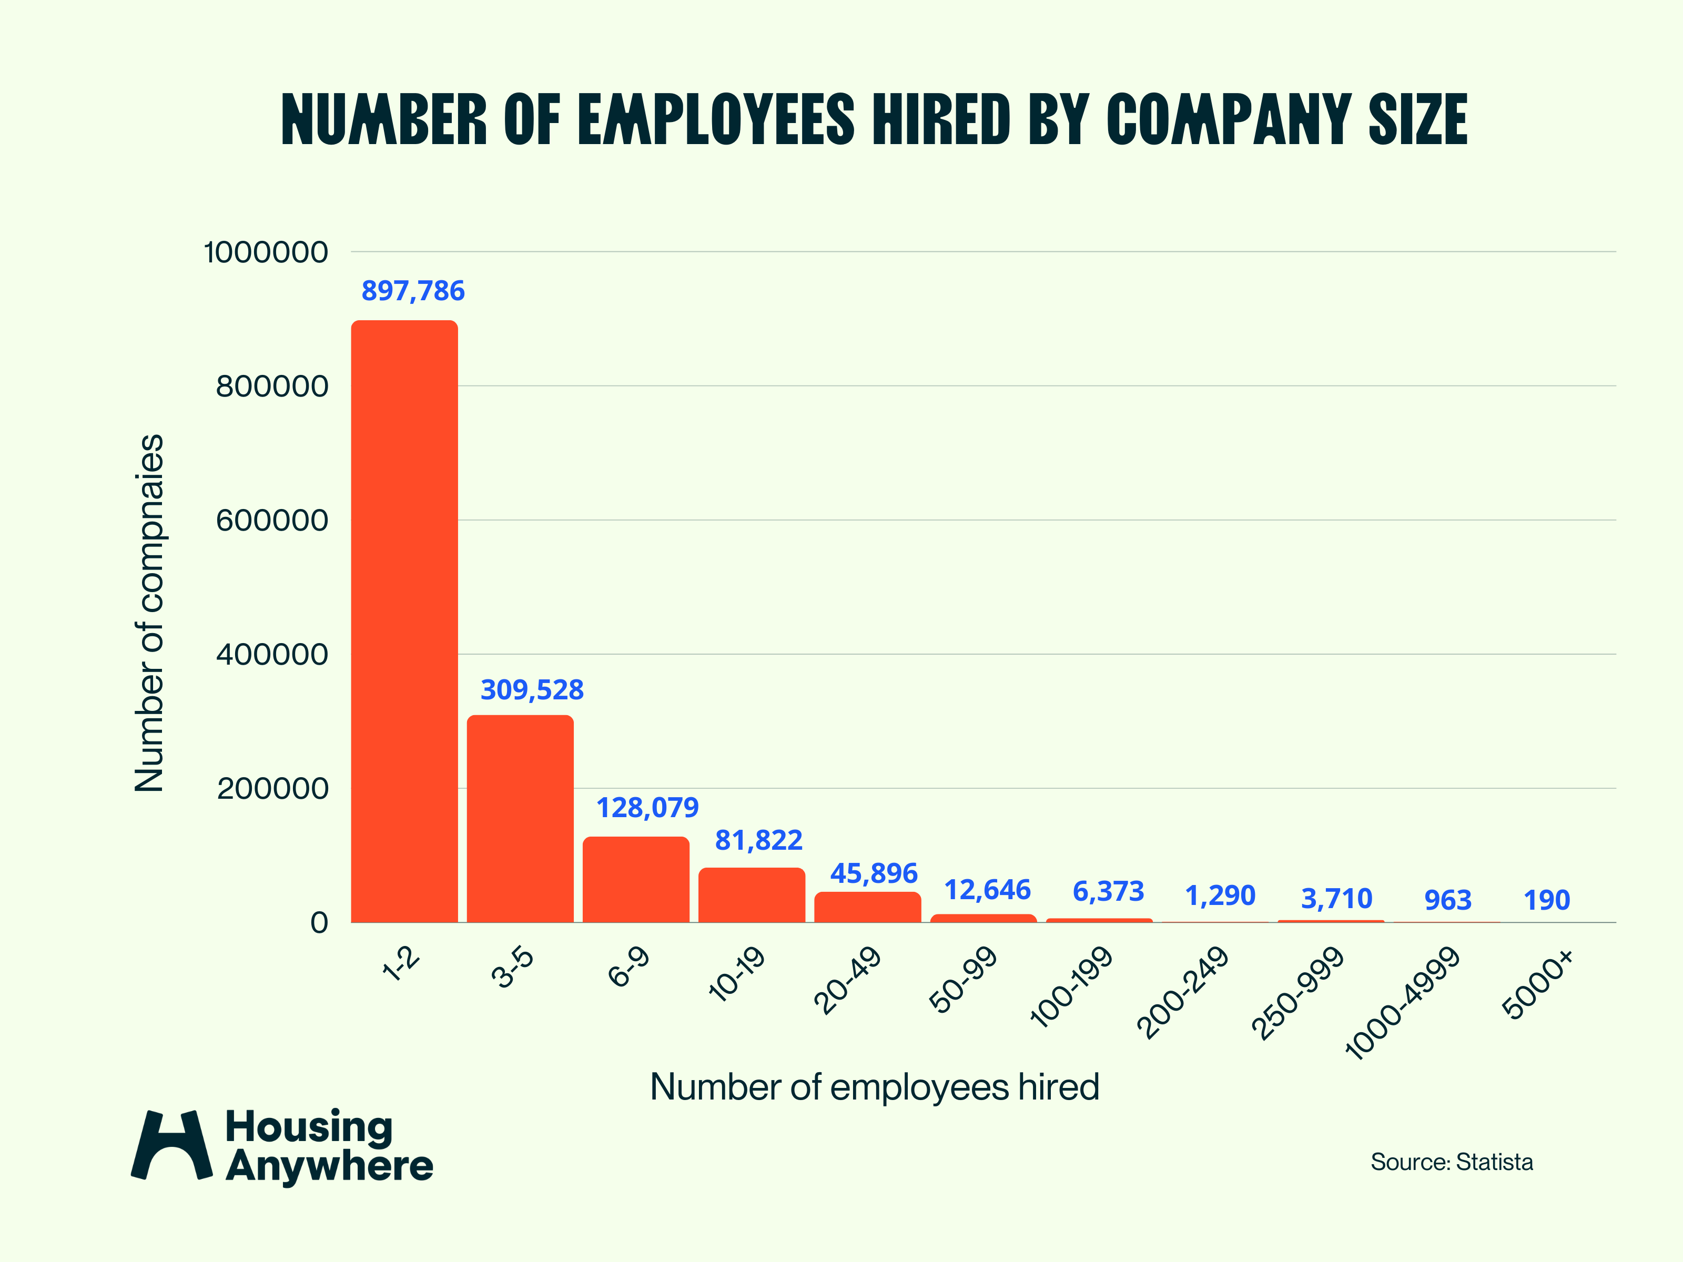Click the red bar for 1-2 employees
coord(404,620)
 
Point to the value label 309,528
coord(532,690)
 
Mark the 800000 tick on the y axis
coord(271,386)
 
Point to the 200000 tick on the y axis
coord(271,789)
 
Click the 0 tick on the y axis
coord(319,923)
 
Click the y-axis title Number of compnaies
coord(149,613)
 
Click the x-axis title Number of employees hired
coord(874,1086)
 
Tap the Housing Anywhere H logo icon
coord(172,1144)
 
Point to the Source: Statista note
coord(1451,1162)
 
